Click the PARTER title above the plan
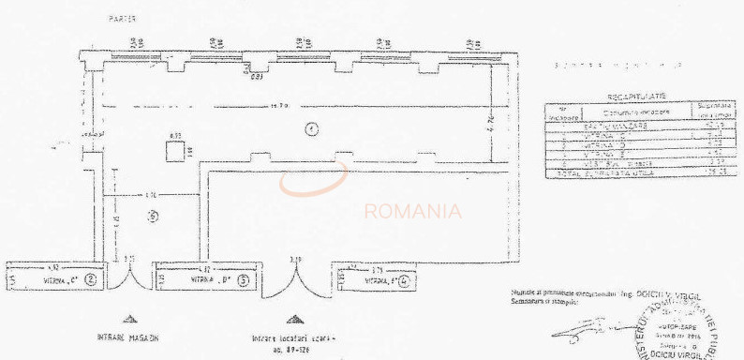pyautogui.click(x=122, y=18)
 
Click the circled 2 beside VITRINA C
pyautogui.click(x=91, y=278)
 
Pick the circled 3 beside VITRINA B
pyautogui.click(x=243, y=278)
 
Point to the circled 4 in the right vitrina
pyautogui.click(x=403, y=278)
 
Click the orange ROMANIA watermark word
pyautogui.click(x=412, y=211)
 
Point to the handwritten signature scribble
pyautogui.click(x=581, y=326)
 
